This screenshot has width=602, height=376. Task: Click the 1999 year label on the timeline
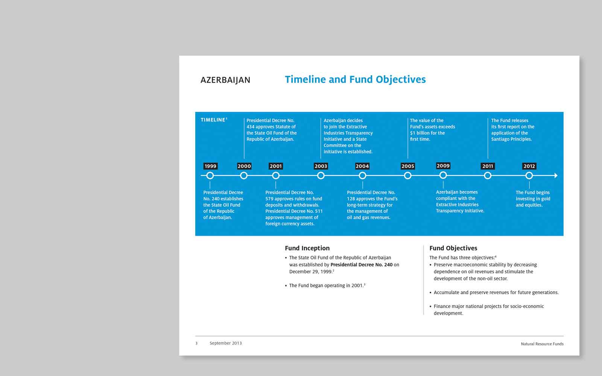[210, 166]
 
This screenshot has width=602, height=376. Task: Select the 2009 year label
[443, 166]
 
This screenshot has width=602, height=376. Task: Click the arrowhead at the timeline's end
[556, 176]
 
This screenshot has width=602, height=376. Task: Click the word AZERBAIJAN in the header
[225, 80]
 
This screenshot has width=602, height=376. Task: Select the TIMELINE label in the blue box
[213, 120]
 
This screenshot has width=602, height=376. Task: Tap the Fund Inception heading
[307, 248]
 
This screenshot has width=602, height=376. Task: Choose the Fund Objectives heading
[453, 248]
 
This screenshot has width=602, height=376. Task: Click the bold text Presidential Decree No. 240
[361, 265]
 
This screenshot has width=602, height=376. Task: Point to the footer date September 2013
[225, 343]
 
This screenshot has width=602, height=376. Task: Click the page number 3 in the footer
[196, 343]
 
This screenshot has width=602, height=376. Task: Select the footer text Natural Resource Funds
[542, 344]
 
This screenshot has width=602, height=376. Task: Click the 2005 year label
[407, 166]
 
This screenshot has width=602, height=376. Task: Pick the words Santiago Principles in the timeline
[511, 139]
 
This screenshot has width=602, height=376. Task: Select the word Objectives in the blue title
[401, 79]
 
